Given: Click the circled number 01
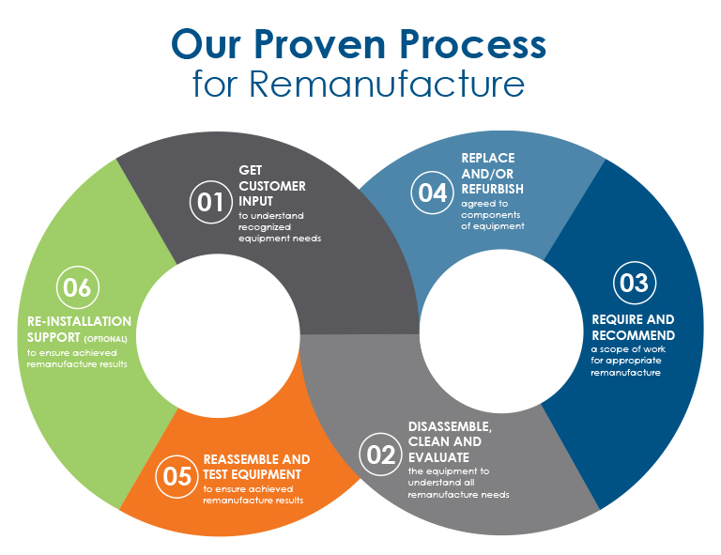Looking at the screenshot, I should click(x=209, y=200).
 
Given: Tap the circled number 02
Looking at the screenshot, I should click(x=380, y=455).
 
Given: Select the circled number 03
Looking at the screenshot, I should click(x=634, y=283).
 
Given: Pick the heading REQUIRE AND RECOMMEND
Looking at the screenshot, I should click(x=633, y=327).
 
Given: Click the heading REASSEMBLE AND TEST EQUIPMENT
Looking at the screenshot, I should click(x=256, y=467).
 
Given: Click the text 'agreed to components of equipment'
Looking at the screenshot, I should click(x=493, y=213).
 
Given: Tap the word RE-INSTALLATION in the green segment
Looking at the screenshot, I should click(x=62, y=321).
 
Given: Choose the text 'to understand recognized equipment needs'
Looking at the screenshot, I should click(x=280, y=226).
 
